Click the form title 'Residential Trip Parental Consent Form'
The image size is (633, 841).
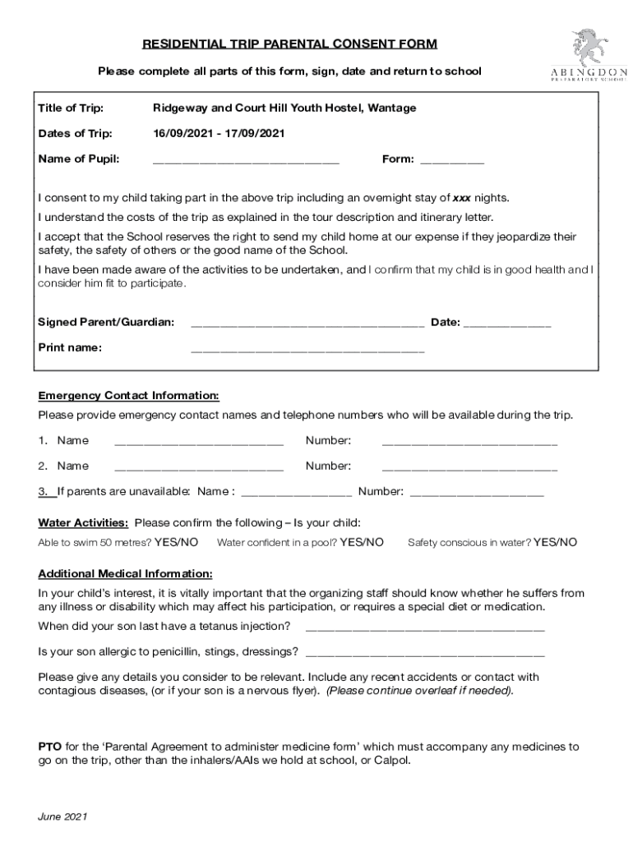click(x=289, y=44)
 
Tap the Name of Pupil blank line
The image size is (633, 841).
click(x=246, y=161)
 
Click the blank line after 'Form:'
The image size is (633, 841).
click(x=452, y=161)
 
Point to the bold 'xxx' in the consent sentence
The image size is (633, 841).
click(x=462, y=198)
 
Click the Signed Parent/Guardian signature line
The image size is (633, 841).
click(x=307, y=324)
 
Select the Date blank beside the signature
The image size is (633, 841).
click(x=507, y=324)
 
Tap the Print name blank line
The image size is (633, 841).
click(x=307, y=349)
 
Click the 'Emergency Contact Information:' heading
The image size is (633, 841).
click(x=128, y=395)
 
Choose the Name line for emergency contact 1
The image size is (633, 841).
click(x=199, y=442)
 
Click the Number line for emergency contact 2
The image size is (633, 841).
click(x=469, y=467)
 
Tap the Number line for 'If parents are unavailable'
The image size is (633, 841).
click(x=476, y=493)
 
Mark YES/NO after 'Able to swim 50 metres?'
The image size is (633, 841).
click(x=176, y=542)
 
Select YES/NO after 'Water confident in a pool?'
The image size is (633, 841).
click(x=362, y=542)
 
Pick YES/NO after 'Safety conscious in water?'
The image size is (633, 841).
click(x=555, y=542)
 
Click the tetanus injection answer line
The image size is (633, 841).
click(x=424, y=627)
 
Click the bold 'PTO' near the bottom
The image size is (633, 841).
click(x=49, y=747)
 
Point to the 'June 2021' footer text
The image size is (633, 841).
click(x=63, y=817)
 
